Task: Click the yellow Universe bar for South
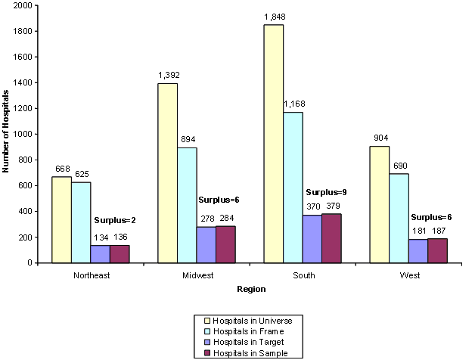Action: point(273,144)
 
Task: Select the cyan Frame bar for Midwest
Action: point(187,205)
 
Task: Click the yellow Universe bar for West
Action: point(378,204)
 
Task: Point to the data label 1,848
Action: point(273,17)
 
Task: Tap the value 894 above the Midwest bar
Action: point(187,140)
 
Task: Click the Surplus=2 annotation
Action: point(113,221)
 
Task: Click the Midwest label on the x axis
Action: point(178,275)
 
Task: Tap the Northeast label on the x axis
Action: point(92,275)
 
